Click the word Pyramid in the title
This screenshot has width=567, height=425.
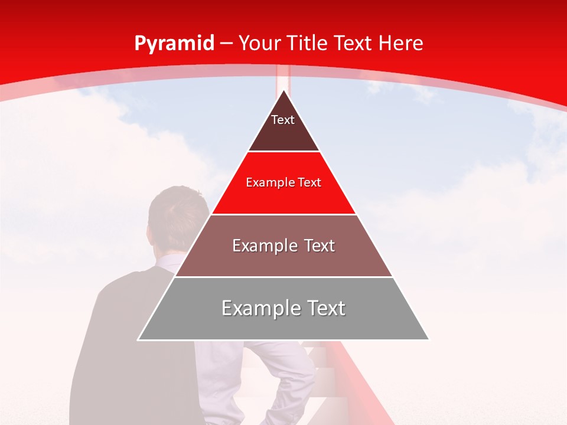[x=174, y=44]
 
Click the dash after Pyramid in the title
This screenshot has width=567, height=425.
[x=226, y=44]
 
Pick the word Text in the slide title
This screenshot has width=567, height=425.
[x=354, y=43]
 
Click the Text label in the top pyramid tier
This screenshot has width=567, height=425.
[x=283, y=120]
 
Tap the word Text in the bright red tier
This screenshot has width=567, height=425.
[x=309, y=182]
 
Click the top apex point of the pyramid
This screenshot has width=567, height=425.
[x=283, y=91]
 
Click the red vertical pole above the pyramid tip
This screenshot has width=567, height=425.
[x=283, y=80]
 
